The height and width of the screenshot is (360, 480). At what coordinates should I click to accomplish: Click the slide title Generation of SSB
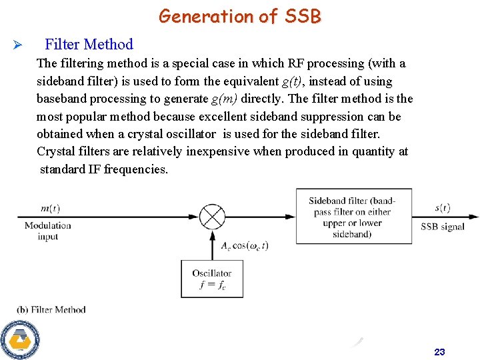[239, 16]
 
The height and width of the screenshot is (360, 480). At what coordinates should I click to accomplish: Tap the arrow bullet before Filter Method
[19, 45]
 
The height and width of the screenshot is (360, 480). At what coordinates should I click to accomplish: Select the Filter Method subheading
[89, 45]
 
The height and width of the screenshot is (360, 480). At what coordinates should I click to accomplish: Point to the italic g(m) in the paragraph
[224, 99]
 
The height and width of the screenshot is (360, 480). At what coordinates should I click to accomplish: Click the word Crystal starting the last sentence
[57, 151]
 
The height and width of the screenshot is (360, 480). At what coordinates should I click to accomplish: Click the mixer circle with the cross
[212, 217]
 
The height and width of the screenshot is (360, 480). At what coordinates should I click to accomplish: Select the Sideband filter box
[353, 216]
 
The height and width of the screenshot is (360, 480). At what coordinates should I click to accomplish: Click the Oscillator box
[212, 279]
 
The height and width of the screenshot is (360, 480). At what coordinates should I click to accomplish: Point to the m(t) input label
[50, 209]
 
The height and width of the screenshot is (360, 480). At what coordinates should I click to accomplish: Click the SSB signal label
[442, 227]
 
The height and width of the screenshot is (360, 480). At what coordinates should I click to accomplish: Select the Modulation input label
[47, 231]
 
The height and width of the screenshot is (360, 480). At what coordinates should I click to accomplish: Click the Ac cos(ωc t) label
[245, 245]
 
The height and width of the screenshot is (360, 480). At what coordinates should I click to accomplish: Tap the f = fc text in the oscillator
[212, 285]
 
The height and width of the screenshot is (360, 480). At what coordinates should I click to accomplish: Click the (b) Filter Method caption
[51, 309]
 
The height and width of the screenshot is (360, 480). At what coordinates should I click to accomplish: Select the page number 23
[439, 352]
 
